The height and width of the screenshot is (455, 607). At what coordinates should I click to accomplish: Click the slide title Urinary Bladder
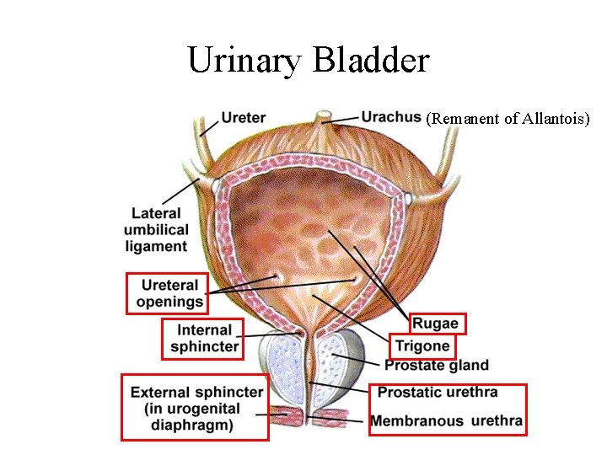pyautogui.click(x=309, y=60)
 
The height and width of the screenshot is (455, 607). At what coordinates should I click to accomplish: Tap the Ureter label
pyautogui.click(x=244, y=118)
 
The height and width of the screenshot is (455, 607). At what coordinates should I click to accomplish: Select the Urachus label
pyautogui.click(x=391, y=116)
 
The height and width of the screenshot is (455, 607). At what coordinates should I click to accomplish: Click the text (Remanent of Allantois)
pyautogui.click(x=508, y=119)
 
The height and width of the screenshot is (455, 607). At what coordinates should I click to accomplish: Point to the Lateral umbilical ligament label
pyautogui.click(x=156, y=230)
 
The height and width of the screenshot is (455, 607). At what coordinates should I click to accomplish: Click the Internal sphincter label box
pyautogui.click(x=203, y=338)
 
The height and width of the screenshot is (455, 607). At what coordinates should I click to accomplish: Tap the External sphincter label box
pyautogui.click(x=195, y=407)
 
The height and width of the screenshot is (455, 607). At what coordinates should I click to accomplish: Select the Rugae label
pyautogui.click(x=436, y=323)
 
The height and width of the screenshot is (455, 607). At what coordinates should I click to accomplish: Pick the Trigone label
pyautogui.click(x=423, y=345)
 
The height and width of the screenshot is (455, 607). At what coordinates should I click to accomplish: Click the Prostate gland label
pyautogui.click(x=436, y=366)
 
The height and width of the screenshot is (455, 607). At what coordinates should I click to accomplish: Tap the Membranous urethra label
pyautogui.click(x=447, y=420)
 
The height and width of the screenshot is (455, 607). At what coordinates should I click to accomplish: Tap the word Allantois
pyautogui.click(x=555, y=119)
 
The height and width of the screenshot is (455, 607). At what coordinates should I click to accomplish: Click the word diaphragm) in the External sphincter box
pyautogui.click(x=195, y=425)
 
